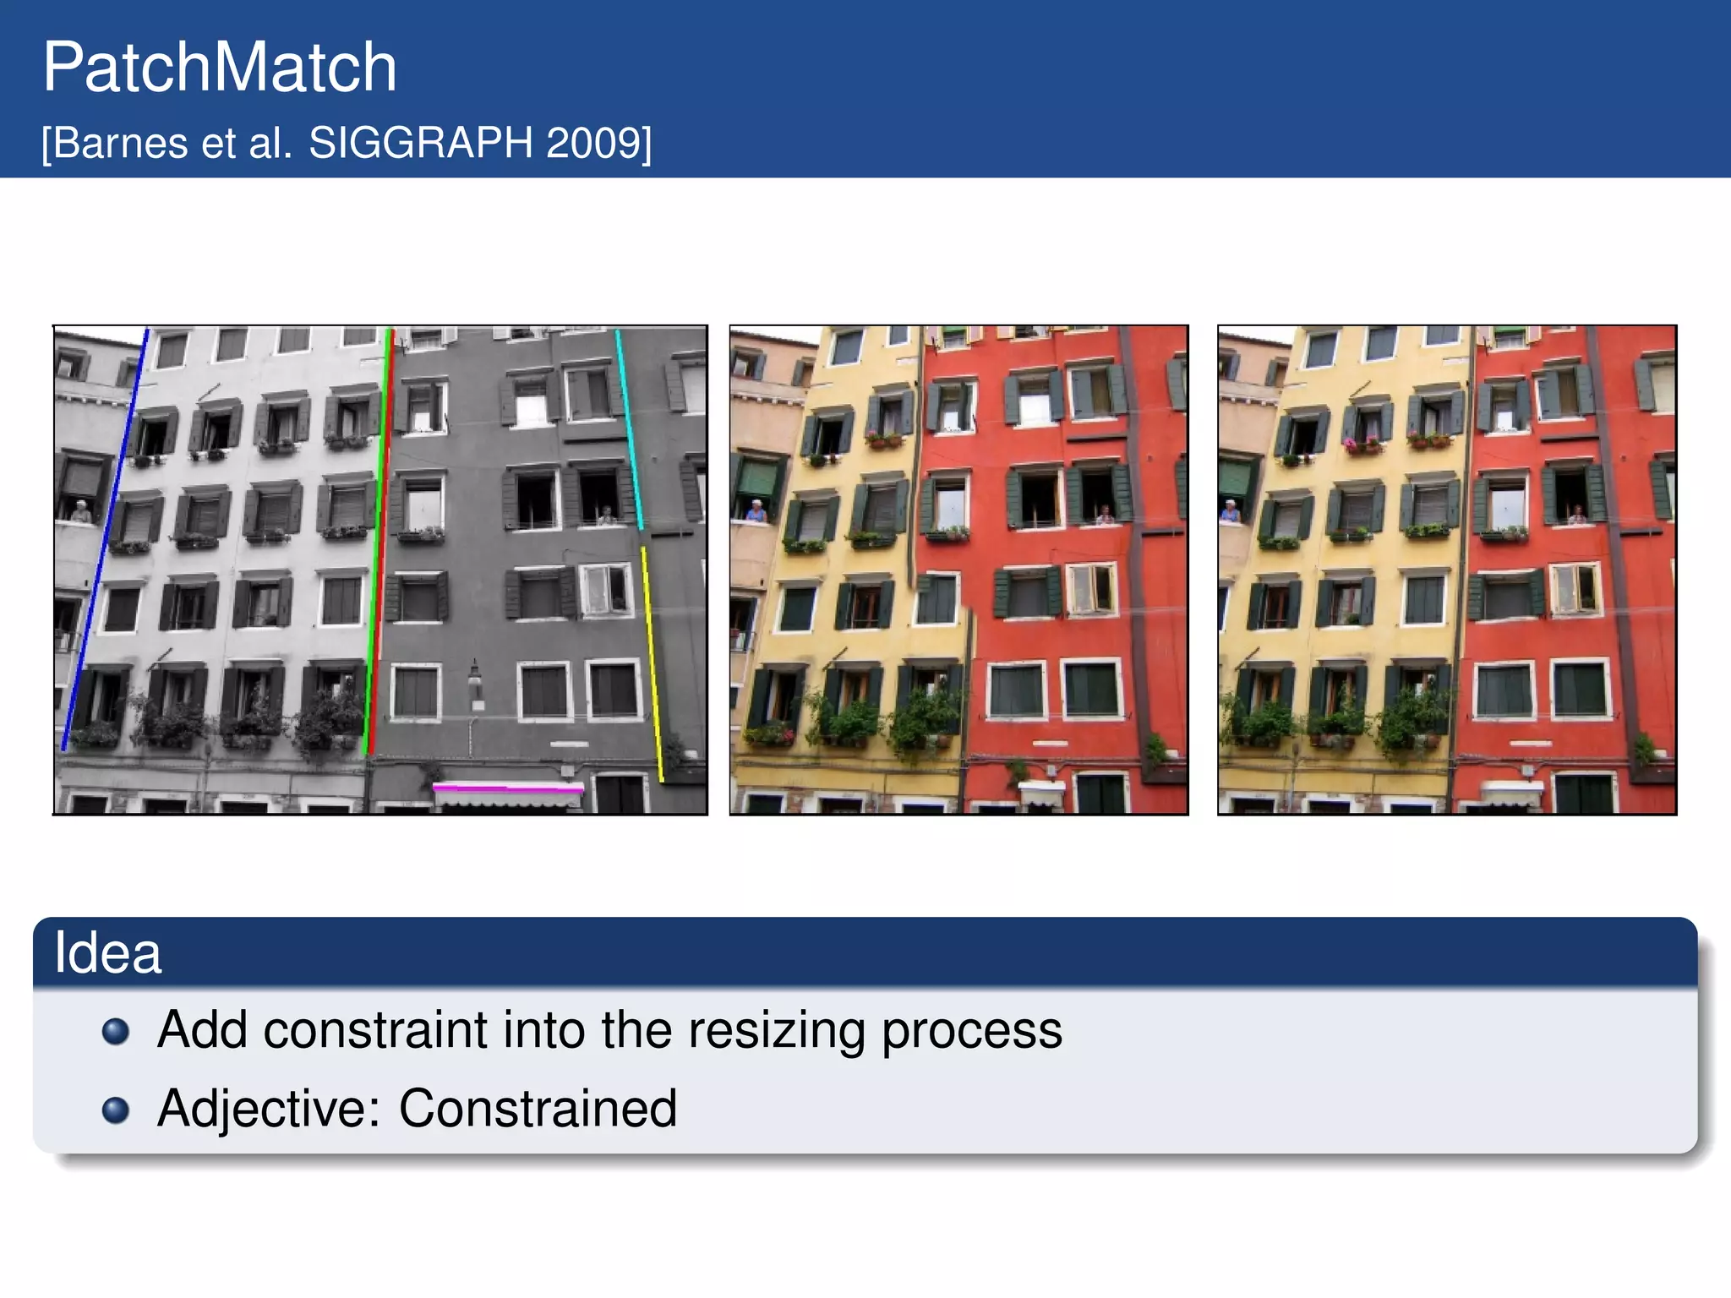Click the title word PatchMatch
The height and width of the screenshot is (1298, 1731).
coord(220,68)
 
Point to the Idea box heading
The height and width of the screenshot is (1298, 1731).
coord(107,953)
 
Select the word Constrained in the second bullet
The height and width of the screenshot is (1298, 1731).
coord(538,1108)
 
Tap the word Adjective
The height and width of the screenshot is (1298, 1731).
coord(268,1108)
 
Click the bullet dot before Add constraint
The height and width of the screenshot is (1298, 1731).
coord(116,1032)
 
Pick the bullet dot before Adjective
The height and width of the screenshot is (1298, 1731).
coord(116,1110)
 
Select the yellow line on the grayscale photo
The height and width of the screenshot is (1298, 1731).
coord(652,663)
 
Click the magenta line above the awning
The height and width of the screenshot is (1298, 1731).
coord(507,788)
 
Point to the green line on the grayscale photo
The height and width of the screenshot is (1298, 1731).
coord(377,541)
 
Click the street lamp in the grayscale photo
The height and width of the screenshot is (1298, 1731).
coord(475,680)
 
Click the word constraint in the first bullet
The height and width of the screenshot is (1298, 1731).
coord(375,1031)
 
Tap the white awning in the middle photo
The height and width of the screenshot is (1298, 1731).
coord(1042,793)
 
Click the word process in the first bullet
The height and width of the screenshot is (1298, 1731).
coord(972,1031)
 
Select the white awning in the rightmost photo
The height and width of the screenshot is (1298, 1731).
coord(1512,793)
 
